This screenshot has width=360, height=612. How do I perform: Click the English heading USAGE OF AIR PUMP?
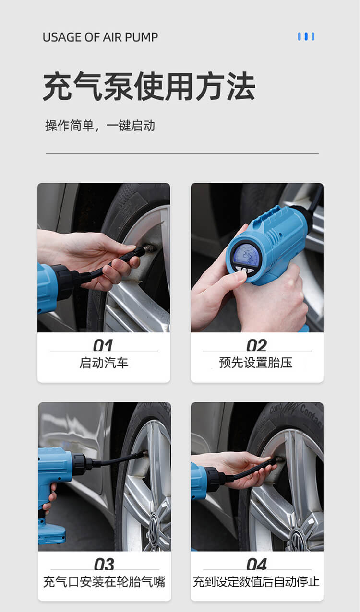pos(100,37)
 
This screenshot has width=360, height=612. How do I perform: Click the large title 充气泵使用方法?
pos(149,87)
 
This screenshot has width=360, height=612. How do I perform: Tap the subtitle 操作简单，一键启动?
pos(100,126)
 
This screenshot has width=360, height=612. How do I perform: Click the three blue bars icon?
pos(306,36)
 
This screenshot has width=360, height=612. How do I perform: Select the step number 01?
pos(103,345)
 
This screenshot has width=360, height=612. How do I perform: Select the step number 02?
pos(256,345)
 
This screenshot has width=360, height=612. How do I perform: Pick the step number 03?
pos(104,564)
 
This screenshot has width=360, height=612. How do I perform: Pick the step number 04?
pos(257,564)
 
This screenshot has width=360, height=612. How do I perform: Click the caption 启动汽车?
pos(104,363)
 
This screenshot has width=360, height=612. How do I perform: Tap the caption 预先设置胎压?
pos(256,363)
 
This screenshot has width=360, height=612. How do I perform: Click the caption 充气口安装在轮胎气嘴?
pos(104,582)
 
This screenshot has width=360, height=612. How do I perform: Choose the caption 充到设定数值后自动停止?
pos(256,582)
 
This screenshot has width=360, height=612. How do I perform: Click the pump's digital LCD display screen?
pos(246,255)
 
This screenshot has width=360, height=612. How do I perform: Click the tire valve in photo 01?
pos(149,248)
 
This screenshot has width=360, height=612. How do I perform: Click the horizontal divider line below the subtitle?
pos(182,153)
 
